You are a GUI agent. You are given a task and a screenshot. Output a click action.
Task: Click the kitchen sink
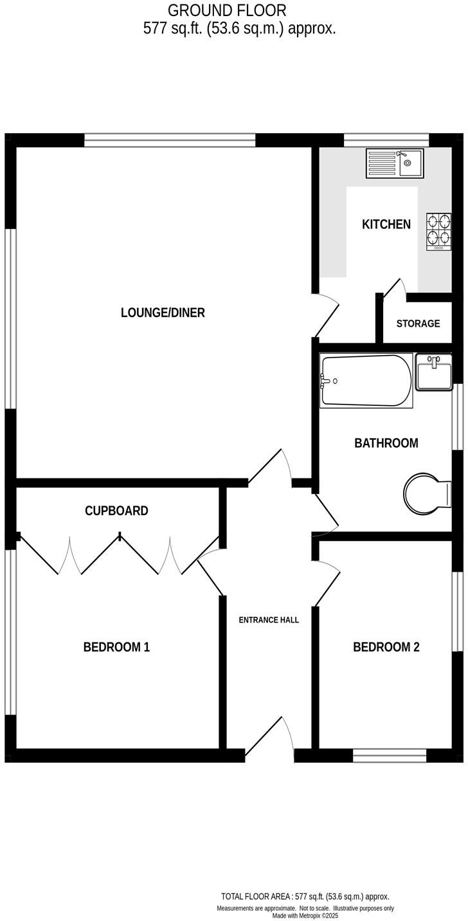(x=394, y=163)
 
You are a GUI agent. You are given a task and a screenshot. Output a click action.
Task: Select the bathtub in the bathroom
(x=366, y=381)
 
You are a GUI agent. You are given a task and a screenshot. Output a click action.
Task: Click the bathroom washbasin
(x=434, y=372)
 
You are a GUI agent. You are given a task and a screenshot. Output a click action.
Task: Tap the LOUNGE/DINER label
(x=163, y=313)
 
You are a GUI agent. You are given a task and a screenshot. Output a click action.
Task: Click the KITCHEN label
(x=386, y=224)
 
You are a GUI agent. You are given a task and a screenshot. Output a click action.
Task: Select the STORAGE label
(x=418, y=324)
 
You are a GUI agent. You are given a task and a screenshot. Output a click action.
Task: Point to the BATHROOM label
(x=386, y=443)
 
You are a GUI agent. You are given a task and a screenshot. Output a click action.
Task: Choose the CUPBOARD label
(x=116, y=511)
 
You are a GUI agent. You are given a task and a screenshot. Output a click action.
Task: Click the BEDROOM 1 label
(x=116, y=647)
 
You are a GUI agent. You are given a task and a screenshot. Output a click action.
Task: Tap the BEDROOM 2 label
(x=386, y=647)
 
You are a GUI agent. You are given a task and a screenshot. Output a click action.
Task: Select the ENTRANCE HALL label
(x=269, y=620)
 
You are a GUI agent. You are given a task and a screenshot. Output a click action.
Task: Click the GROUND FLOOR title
(x=227, y=10)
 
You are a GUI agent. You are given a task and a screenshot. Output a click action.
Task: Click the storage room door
(x=393, y=288)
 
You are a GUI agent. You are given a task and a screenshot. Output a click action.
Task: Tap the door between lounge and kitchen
(x=327, y=315)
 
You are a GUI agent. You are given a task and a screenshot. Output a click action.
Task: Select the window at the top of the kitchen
(x=386, y=140)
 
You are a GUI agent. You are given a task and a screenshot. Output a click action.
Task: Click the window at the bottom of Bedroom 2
(x=390, y=756)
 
